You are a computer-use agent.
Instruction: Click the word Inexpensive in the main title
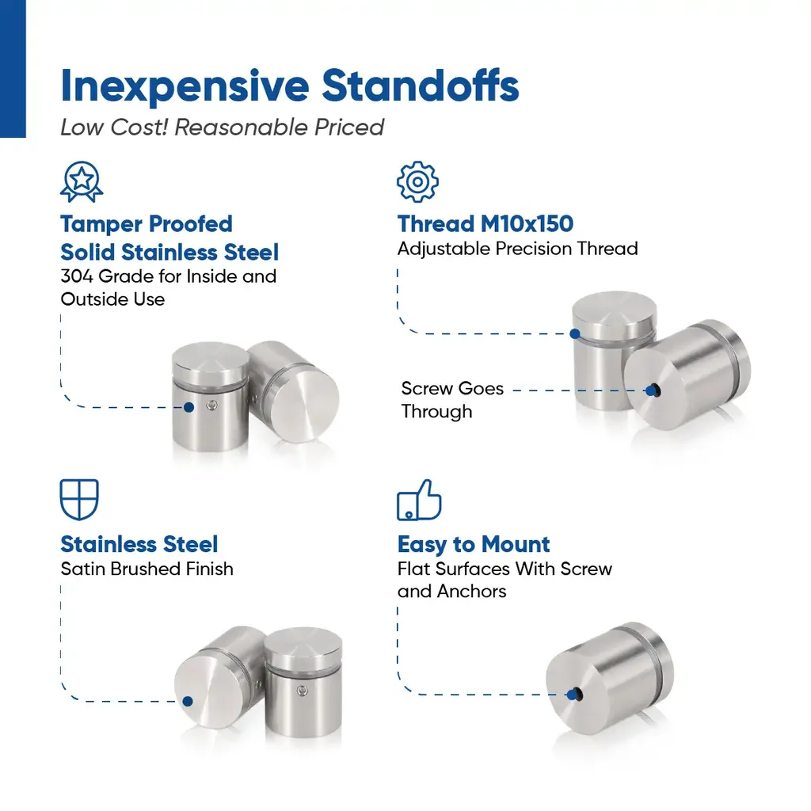pyautogui.click(x=185, y=86)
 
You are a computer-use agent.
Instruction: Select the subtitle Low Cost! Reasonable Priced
pyautogui.click(x=222, y=128)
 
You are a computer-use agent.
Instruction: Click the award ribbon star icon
pyautogui.click(x=82, y=181)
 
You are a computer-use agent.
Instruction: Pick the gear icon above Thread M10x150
pyautogui.click(x=417, y=181)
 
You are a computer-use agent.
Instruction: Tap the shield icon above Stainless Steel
pyautogui.click(x=79, y=499)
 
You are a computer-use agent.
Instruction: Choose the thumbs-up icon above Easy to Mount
pyautogui.click(x=419, y=500)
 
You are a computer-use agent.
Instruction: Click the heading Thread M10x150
pyautogui.click(x=485, y=224)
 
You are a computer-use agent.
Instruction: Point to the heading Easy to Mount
pyautogui.click(x=474, y=544)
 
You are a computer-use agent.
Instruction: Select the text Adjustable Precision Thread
pyautogui.click(x=517, y=249)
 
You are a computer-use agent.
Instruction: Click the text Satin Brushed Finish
pyautogui.click(x=147, y=569)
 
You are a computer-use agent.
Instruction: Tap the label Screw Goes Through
pyautogui.click(x=452, y=400)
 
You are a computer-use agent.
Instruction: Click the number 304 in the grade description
pyautogui.click(x=77, y=276)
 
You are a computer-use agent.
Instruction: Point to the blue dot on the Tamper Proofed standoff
pyautogui.click(x=188, y=408)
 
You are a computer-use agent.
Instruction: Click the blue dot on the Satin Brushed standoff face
pyautogui.click(x=188, y=702)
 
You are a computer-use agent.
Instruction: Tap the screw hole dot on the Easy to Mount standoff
pyautogui.click(x=572, y=695)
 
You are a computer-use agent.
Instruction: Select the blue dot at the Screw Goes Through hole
pyautogui.click(x=651, y=390)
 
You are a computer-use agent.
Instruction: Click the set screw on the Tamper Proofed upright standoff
pyautogui.click(x=211, y=405)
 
